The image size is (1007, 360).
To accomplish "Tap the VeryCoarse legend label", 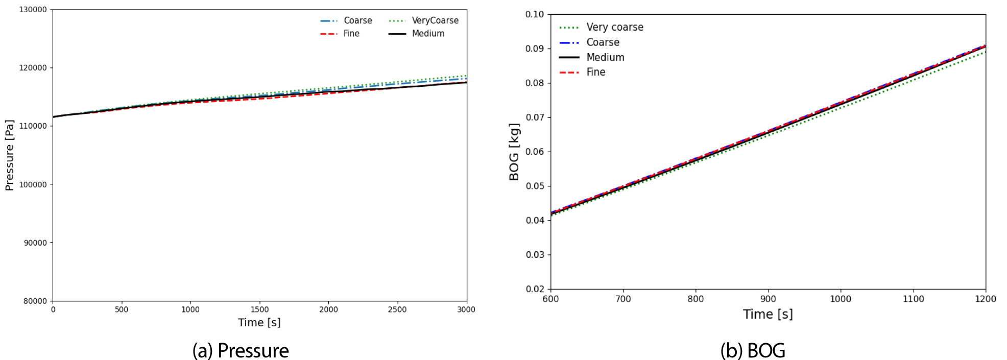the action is tap(435, 20).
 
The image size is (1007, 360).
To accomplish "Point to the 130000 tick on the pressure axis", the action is tap(33, 10).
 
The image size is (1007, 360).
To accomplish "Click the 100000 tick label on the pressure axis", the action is tap(33, 185).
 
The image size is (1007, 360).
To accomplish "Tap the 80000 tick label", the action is tap(35, 301).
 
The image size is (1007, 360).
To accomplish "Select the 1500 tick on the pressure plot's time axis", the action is tap(259, 309).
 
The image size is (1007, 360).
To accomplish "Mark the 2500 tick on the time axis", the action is tap(397, 309).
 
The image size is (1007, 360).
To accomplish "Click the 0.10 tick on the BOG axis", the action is tap(535, 14).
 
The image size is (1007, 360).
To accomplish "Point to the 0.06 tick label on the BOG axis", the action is tap(535, 152).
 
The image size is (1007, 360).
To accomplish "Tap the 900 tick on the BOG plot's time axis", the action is tap(768, 299).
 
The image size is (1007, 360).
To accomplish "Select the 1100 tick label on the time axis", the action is tap(913, 299).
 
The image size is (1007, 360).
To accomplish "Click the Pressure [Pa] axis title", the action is tap(9, 155).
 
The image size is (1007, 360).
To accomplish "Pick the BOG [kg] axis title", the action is tap(514, 152).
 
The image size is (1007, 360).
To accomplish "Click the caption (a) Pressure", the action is tap(241, 351).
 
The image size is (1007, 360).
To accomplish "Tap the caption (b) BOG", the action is tap(753, 351).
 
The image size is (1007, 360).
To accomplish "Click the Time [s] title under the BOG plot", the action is tap(768, 314).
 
